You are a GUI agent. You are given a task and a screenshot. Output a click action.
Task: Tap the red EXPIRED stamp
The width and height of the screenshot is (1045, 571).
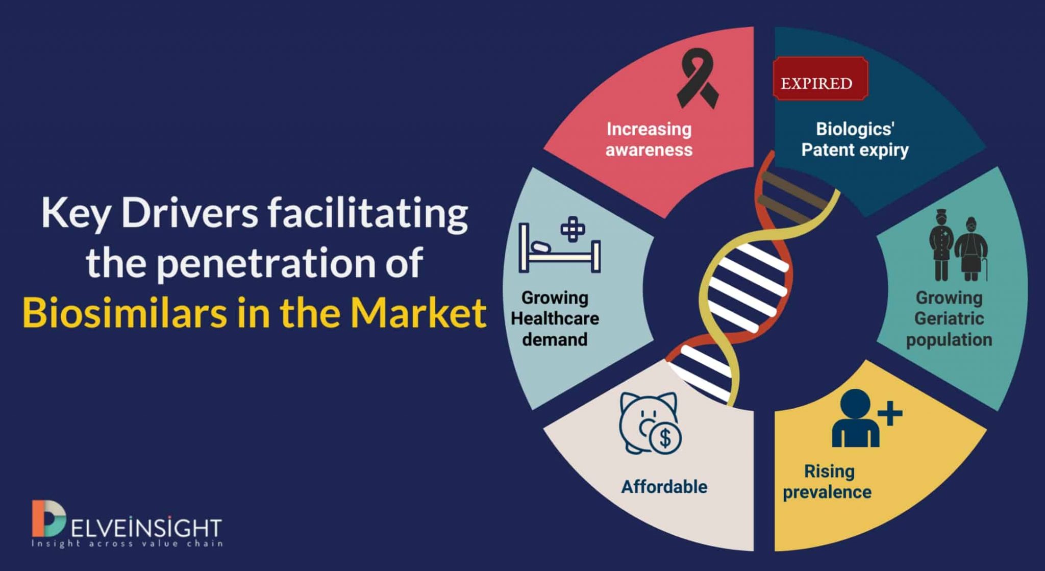tap(820, 79)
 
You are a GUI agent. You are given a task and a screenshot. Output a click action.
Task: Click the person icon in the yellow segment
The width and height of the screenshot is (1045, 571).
tap(856, 418)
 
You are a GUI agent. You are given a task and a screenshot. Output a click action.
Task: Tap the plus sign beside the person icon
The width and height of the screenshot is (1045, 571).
tap(891, 413)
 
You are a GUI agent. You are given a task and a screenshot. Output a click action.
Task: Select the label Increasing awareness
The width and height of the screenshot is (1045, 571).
tap(649, 139)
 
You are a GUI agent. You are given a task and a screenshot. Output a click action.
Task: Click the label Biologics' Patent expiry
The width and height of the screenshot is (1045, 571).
tap(855, 139)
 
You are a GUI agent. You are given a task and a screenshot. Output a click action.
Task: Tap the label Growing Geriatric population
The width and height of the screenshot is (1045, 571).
tap(949, 318)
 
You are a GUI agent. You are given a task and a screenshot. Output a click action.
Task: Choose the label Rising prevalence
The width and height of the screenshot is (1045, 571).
tap(828, 482)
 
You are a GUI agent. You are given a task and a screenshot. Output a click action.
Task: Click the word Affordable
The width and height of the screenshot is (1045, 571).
tap(664, 487)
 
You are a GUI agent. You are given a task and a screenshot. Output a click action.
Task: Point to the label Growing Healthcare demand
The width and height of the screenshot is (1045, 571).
tap(555, 318)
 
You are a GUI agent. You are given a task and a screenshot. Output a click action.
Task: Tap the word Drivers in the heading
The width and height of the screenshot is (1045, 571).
tap(190, 213)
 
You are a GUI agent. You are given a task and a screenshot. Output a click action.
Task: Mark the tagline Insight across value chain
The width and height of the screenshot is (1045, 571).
tap(127, 544)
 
